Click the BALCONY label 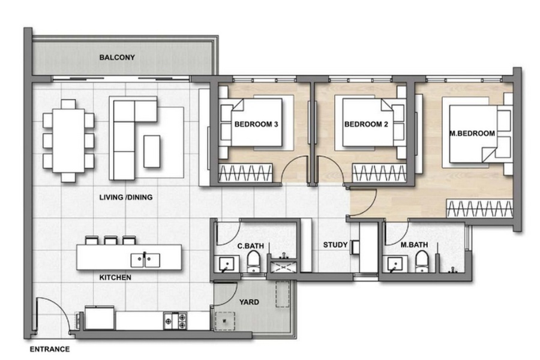pos(117,58)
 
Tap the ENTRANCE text pos(50,349)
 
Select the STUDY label pos(335,245)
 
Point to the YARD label pos(249,302)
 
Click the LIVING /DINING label pos(126,197)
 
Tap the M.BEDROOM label pos(472,134)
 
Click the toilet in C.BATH pos(254,261)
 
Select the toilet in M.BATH pos(422,261)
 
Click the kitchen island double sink pos(145,260)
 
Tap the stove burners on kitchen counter pos(175,321)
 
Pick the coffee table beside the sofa pos(152,152)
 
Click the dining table pos(68,140)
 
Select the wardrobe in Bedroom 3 pos(245,173)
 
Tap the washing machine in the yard pos(225,321)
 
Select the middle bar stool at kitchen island pos(111,240)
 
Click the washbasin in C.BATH pos(226,265)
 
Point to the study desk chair pos(355,247)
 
